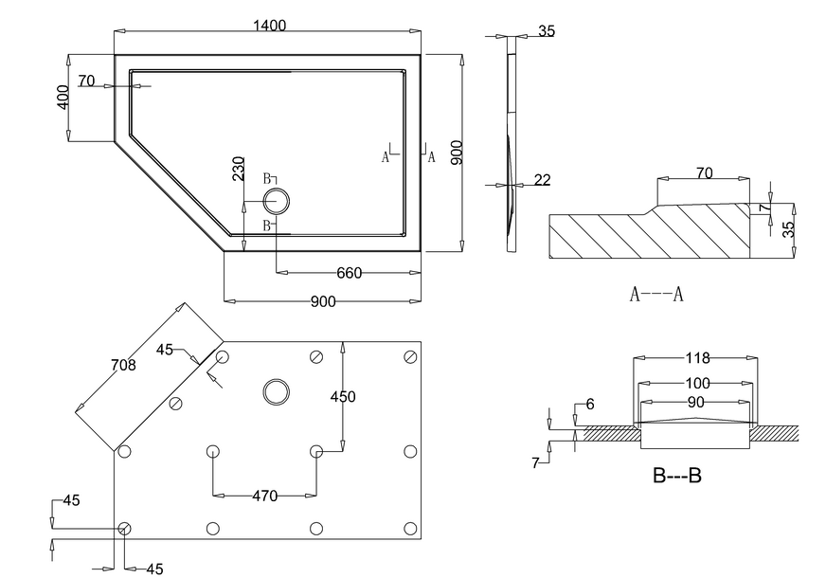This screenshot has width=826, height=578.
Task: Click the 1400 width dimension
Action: click(269, 26)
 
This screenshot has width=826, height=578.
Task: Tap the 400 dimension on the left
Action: click(63, 98)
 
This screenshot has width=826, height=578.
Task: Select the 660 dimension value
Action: click(350, 273)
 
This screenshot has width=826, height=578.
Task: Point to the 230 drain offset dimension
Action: click(239, 168)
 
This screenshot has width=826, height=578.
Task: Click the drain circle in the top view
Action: click(276, 201)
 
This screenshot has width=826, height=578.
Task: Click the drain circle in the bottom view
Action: click(276, 391)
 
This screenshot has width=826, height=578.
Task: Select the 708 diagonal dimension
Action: click(123, 365)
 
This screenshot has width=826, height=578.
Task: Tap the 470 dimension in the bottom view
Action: click(264, 496)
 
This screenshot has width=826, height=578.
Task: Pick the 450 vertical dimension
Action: click(343, 396)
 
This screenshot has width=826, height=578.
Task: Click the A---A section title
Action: click(656, 294)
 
